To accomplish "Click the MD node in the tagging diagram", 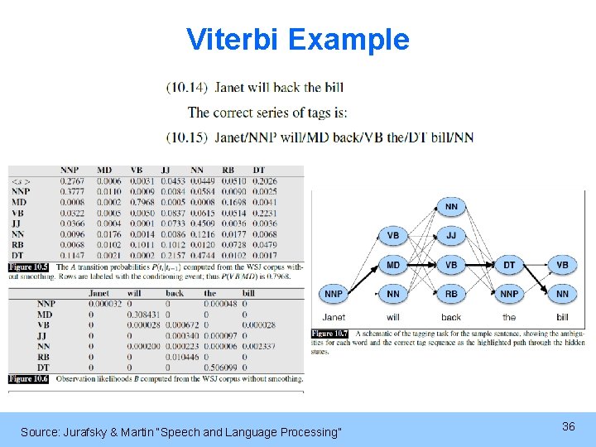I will pyautogui.click(x=393, y=265).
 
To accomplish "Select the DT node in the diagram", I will pyautogui.click(x=509, y=265).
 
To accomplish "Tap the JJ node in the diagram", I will pyautogui.click(x=451, y=236).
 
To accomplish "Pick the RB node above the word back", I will pyautogui.click(x=451, y=293).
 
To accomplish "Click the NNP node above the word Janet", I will pyautogui.click(x=334, y=293).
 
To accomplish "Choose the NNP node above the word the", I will pyautogui.click(x=509, y=293).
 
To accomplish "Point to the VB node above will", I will pyautogui.click(x=393, y=236).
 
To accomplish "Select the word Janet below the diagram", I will pyautogui.click(x=334, y=317).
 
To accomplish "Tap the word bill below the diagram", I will pyautogui.click(x=562, y=317).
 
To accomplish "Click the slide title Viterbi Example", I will pyautogui.click(x=297, y=39).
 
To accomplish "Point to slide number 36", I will pyautogui.click(x=568, y=426).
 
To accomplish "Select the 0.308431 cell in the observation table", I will pyautogui.click(x=142, y=315).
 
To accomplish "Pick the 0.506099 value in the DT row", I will pyautogui.click(x=219, y=367).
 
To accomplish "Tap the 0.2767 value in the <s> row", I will pyautogui.click(x=73, y=180).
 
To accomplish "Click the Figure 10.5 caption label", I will pyautogui.click(x=29, y=267).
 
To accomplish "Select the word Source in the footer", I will pyautogui.click(x=39, y=431).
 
